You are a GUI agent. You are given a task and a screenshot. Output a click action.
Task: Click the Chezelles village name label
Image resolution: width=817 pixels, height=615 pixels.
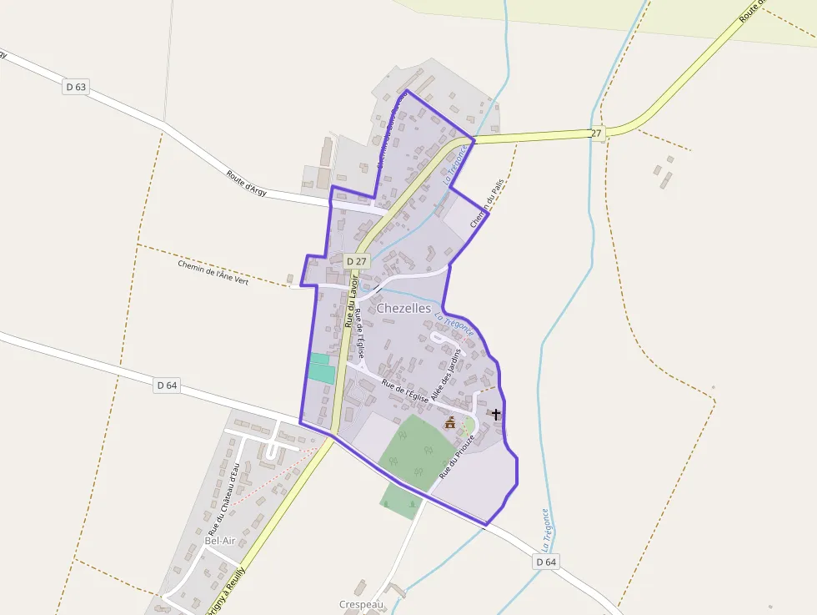pyautogui.click(x=403, y=308)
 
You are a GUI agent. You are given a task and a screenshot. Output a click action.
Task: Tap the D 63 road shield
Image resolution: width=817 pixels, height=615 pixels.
pyautogui.click(x=75, y=86)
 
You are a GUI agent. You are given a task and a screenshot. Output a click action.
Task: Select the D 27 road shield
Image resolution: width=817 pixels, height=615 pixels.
pyautogui.click(x=356, y=261)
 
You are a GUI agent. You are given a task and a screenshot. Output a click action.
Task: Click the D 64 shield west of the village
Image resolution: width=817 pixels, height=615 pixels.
pyautogui.click(x=167, y=385)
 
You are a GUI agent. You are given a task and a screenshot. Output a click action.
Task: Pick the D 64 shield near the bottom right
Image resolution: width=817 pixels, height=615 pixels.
pyautogui.click(x=546, y=562)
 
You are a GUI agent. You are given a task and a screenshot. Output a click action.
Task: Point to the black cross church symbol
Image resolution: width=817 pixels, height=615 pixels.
pyautogui.click(x=496, y=414)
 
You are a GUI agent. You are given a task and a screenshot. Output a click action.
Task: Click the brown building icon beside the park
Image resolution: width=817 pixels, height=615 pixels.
pyautogui.click(x=450, y=422)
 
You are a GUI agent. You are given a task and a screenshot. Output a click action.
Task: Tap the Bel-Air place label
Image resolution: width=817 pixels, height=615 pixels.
pyautogui.click(x=220, y=541)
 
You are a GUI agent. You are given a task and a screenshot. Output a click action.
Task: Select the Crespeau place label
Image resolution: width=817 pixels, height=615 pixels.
pyautogui.click(x=361, y=604)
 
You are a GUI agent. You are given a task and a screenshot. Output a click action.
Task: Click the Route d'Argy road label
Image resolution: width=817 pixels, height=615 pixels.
pyautogui.click(x=247, y=183)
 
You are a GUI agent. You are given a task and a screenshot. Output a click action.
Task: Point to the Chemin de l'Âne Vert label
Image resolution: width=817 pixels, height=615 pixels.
pyautogui.click(x=213, y=272)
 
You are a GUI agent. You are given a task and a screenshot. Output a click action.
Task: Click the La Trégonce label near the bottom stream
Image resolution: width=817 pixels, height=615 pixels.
pyautogui.click(x=544, y=528)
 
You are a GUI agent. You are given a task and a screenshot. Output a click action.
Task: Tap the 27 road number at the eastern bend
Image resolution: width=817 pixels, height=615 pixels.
pyautogui.click(x=596, y=134)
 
